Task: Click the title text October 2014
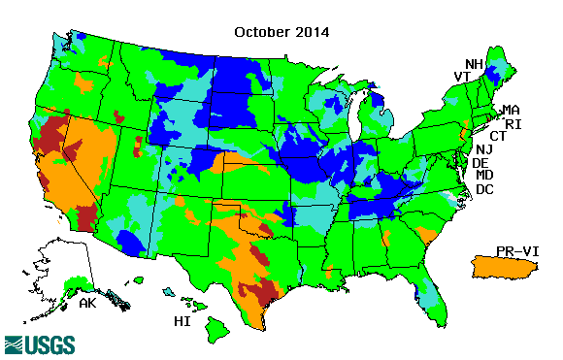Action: pyautogui.click(x=281, y=31)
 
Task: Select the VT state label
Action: pyautogui.click(x=463, y=77)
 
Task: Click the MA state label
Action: pyautogui.click(x=511, y=111)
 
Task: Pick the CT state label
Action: pyautogui.click(x=498, y=136)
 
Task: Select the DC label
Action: pyautogui.click(x=485, y=189)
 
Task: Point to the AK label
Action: pyautogui.click(x=87, y=303)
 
